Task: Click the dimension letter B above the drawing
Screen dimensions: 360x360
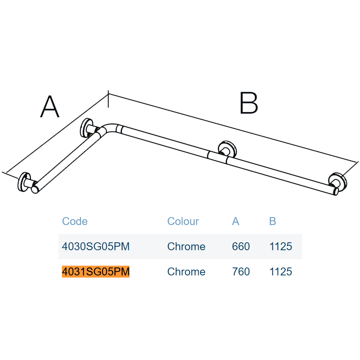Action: [249, 103]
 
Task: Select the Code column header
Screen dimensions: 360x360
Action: [75, 221]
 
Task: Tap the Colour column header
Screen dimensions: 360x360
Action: [183, 221]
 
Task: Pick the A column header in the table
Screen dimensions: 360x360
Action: [235, 221]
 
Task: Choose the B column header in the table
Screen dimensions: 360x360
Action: [273, 221]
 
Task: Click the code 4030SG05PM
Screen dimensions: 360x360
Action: [96, 247]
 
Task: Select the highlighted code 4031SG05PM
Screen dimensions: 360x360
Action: [96, 271]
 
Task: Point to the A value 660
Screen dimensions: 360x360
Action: [241, 247]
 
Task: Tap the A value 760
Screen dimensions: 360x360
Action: [241, 271]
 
